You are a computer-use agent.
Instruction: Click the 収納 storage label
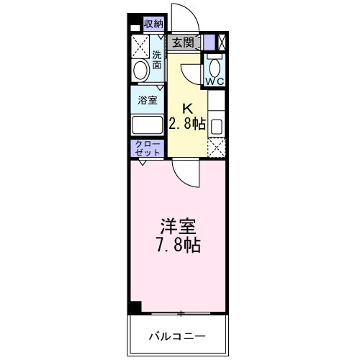pyautogui.click(x=153, y=24)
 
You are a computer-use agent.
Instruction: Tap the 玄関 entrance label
pyautogui.click(x=184, y=42)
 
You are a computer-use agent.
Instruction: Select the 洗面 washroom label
pyautogui.click(x=156, y=59)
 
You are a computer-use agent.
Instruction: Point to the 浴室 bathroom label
pyautogui.click(x=148, y=100)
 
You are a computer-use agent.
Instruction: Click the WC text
pyautogui.click(x=215, y=80)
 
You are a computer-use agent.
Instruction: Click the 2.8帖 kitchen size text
pyautogui.click(x=187, y=123)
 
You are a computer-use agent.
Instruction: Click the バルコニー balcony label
pyautogui.click(x=178, y=336)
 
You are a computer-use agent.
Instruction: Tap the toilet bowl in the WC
pyautogui.click(x=215, y=66)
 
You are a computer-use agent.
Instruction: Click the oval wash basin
pyautogui.click(x=141, y=71)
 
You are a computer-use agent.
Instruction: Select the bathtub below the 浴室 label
pyautogui.click(x=148, y=125)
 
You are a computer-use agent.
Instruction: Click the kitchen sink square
pyautogui.click(x=216, y=125)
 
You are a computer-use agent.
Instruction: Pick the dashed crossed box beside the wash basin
pyautogui.click(x=140, y=46)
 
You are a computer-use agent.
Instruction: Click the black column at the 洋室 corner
pyautogui.click(x=135, y=307)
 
